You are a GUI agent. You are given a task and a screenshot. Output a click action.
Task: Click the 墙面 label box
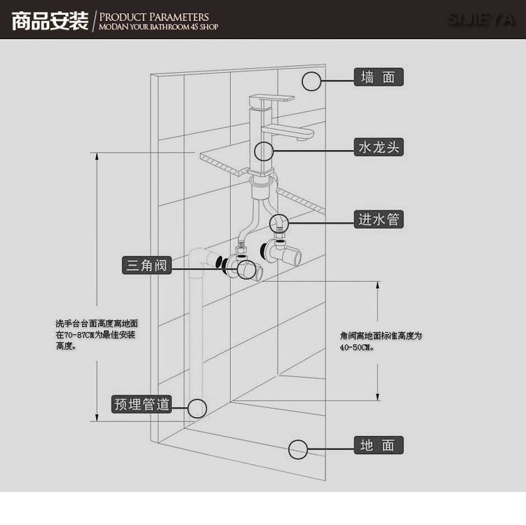[x=379, y=77]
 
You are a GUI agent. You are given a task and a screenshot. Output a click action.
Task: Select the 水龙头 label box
[x=379, y=147]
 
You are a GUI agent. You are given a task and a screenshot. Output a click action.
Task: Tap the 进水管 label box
[x=379, y=219]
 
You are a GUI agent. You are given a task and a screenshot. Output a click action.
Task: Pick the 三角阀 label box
[x=146, y=265]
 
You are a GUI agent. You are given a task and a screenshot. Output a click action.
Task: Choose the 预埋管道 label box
[x=142, y=404]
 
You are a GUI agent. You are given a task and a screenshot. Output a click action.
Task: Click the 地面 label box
[x=379, y=445]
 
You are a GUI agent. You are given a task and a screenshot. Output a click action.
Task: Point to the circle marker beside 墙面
[x=312, y=81]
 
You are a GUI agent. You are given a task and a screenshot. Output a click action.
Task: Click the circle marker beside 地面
[x=299, y=449]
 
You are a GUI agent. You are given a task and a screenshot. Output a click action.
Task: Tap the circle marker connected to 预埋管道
[x=197, y=408]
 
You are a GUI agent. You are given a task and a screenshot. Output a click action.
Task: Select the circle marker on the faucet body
[x=263, y=151]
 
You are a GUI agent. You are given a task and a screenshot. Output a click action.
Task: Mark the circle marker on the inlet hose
[x=279, y=223]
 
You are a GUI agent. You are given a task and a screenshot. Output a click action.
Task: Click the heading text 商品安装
[x=49, y=20]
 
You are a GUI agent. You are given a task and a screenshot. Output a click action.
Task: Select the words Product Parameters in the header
[x=154, y=16]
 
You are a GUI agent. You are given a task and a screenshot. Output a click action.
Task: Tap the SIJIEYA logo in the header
[x=481, y=20]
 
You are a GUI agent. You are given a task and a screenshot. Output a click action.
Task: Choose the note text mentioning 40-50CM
[x=380, y=341]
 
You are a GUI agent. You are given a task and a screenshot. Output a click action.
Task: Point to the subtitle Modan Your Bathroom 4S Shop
[x=159, y=27]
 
